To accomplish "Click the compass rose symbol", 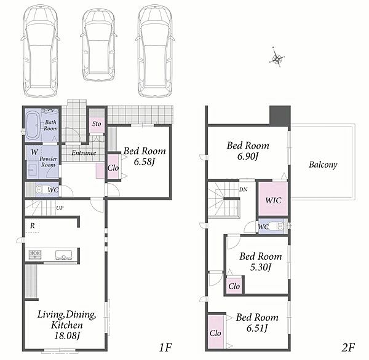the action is [277, 58].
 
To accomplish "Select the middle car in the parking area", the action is [98, 45].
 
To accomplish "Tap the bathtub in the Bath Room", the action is [33, 125].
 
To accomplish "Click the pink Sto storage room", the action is [97, 124].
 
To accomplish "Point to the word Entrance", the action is [84, 153].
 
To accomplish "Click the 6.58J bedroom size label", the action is [145, 162].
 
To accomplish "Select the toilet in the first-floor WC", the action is [41, 190].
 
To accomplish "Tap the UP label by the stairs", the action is [60, 208].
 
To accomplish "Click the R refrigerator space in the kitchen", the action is [32, 225].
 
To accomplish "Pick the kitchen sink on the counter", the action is [63, 255].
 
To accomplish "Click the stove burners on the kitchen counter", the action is [35, 254].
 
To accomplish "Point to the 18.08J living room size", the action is [67, 335].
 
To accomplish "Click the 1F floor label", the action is [165, 347].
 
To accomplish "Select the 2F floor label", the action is [348, 347].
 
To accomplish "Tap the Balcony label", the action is [323, 165].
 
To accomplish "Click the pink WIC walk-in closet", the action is [273, 199].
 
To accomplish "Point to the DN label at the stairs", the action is [244, 190].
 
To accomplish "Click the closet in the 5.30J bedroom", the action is [234, 286].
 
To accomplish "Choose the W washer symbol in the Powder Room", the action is [34, 152].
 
